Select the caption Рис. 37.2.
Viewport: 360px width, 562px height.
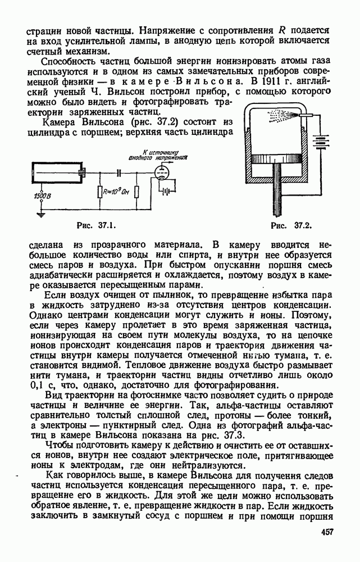pos(291,226)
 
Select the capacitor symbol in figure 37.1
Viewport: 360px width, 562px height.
pos(120,173)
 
